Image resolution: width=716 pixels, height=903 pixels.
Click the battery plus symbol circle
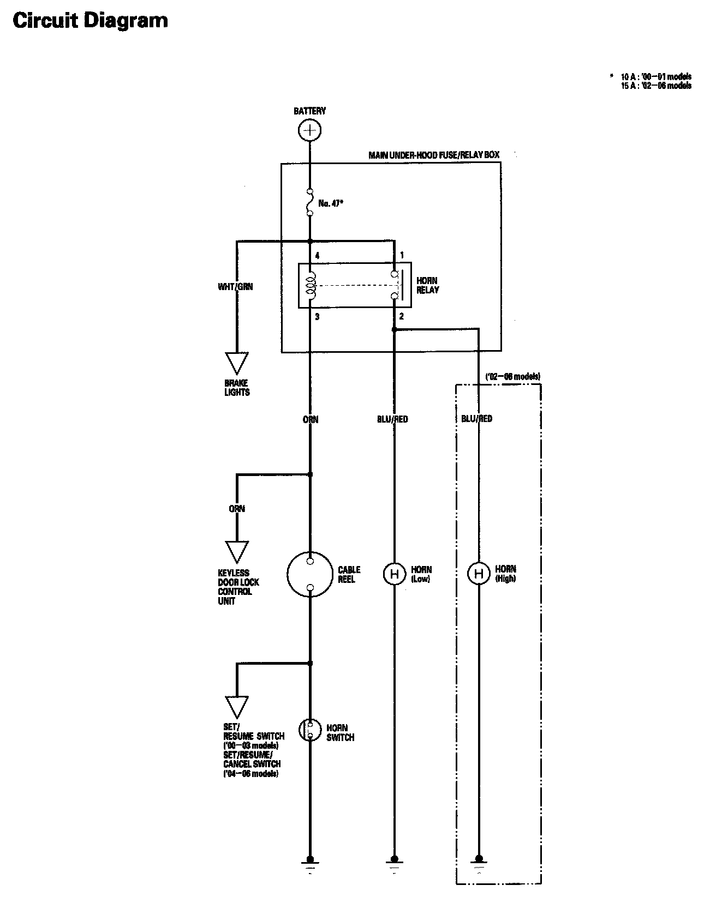[x=309, y=130]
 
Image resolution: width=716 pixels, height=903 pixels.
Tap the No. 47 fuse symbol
[x=309, y=203]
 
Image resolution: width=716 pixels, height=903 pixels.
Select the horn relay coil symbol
[x=310, y=285]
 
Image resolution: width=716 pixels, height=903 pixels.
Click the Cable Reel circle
[x=309, y=574]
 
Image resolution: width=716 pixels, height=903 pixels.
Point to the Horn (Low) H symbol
[x=393, y=574]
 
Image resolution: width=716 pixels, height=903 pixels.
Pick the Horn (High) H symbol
[x=479, y=574]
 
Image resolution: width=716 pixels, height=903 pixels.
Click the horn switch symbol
[x=309, y=730]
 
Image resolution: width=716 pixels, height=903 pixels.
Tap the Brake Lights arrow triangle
[x=237, y=363]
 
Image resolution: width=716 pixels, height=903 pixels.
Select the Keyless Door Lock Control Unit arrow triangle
[x=237, y=552]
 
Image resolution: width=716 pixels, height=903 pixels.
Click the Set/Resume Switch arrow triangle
[x=237, y=707]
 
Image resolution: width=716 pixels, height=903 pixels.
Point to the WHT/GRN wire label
[x=235, y=286]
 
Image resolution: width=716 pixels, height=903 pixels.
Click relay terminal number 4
[x=317, y=255]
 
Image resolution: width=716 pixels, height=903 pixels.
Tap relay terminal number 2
[x=401, y=316]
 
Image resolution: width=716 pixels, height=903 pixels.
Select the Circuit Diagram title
[x=90, y=21]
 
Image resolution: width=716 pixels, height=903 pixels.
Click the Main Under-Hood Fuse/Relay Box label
[x=434, y=155]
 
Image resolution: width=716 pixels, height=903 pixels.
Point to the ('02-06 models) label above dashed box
[x=512, y=377]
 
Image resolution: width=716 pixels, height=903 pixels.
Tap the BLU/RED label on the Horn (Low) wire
[x=392, y=419]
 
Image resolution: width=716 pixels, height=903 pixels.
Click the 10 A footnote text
[x=656, y=76]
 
